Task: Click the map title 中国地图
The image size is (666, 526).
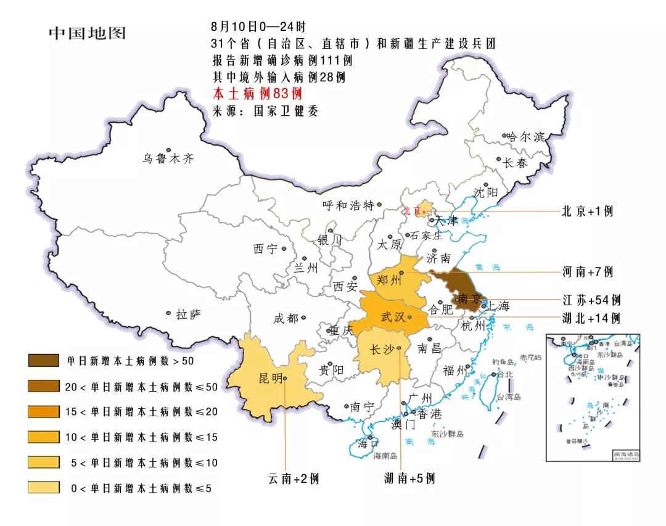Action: [87, 33]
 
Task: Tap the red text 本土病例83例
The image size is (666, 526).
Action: [257, 94]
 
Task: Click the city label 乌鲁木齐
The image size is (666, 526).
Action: [168, 159]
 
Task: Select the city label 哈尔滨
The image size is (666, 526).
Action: [526, 137]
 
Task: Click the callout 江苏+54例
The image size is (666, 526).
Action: [591, 300]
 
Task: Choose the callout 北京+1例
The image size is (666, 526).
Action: [587, 211]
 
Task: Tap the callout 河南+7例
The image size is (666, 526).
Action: [588, 272]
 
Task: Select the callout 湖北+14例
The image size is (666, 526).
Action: [591, 318]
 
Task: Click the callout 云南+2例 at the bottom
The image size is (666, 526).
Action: [294, 479]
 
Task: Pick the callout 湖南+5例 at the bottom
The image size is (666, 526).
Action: [409, 479]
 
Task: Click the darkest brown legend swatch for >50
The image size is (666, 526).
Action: [44, 361]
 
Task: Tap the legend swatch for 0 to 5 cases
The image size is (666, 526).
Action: [44, 488]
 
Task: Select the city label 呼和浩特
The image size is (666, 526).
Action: [348, 206]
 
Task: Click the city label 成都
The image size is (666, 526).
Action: [286, 319]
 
